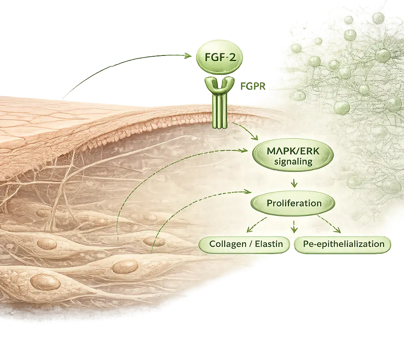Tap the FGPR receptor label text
click(x=253, y=87)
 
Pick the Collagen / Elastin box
click(x=244, y=245)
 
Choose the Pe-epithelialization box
click(x=343, y=245)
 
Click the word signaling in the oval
click(x=293, y=162)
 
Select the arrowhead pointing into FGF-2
click(x=191, y=56)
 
